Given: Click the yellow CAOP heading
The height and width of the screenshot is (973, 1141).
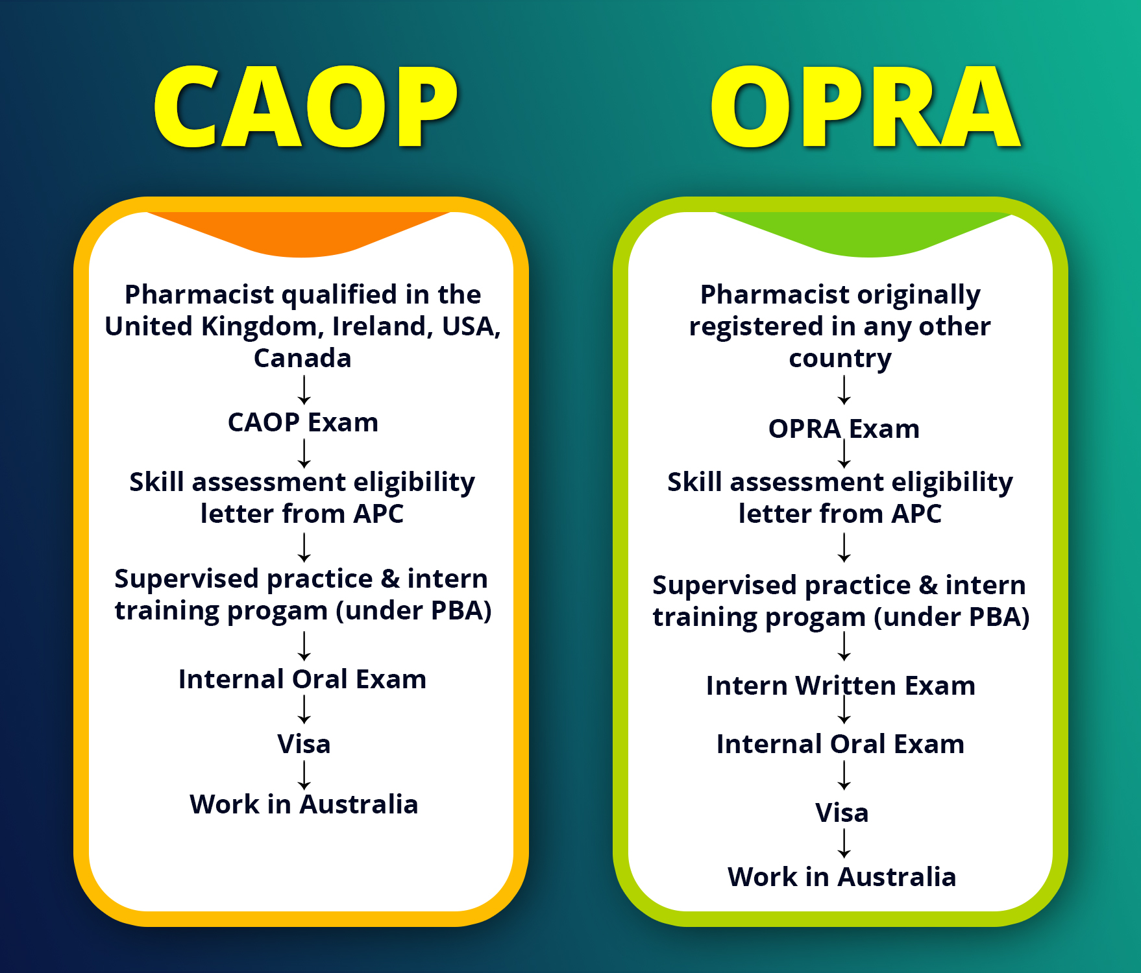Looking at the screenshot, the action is point(305,107).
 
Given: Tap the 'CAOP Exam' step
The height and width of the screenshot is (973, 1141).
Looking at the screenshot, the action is point(303,422).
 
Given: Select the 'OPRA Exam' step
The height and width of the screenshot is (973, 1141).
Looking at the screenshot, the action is point(844,429).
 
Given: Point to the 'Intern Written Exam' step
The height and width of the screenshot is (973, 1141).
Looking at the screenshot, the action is point(840,686).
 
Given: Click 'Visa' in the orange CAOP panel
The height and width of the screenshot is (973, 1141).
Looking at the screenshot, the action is point(304,744).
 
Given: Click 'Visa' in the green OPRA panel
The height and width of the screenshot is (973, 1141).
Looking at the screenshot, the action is point(842,813).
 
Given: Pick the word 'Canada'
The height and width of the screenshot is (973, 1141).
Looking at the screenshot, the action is point(302,358).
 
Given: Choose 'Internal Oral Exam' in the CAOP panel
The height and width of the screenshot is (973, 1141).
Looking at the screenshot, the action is point(302,679).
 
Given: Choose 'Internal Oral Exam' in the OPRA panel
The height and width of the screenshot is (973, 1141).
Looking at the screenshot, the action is point(840,744).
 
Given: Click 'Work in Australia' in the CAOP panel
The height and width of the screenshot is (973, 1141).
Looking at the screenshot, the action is point(304,804).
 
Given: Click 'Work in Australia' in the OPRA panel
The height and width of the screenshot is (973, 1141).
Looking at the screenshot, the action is point(842,877).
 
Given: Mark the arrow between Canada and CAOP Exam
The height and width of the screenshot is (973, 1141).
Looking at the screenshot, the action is point(304,390).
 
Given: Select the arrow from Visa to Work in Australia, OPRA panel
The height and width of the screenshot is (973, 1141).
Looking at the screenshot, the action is point(844,843).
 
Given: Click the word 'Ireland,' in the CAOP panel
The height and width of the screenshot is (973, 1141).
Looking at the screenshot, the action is point(383,327).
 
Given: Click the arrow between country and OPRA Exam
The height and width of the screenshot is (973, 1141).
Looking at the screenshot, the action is point(844,390).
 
